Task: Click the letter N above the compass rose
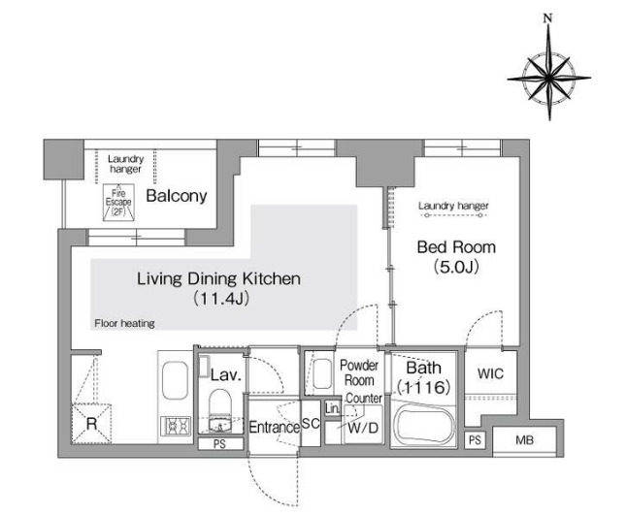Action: [548, 17]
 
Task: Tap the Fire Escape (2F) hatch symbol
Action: [118, 203]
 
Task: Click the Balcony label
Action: [177, 196]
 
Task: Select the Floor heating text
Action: [124, 323]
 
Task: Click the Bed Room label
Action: [456, 247]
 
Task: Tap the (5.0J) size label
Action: [456, 267]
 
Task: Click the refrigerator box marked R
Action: [91, 424]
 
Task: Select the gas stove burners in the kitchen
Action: [176, 426]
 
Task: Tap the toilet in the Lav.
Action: [220, 410]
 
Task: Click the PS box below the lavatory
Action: [220, 444]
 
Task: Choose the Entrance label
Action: [275, 428]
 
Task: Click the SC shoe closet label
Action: [311, 424]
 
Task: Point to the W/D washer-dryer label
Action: [363, 428]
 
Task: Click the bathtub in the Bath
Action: [424, 424]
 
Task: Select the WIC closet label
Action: [491, 374]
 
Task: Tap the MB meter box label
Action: [525, 440]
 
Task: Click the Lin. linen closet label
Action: [332, 408]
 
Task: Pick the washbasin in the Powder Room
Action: [322, 374]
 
